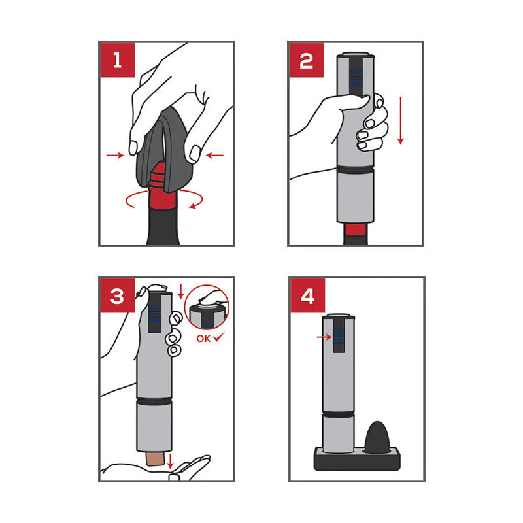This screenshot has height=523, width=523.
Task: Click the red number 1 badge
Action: [x=118, y=60]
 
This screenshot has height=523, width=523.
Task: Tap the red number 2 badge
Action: [x=307, y=60]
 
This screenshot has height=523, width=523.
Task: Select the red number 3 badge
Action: [x=118, y=295]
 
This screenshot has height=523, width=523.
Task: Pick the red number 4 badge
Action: [x=307, y=295]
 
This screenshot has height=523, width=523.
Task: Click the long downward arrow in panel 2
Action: [x=401, y=121]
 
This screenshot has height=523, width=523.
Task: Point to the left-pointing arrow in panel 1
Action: [x=214, y=155]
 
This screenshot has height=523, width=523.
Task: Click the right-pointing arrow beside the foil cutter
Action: [x=115, y=155]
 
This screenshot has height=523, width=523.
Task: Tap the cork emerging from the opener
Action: [x=155, y=459]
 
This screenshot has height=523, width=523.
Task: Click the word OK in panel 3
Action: [x=203, y=339]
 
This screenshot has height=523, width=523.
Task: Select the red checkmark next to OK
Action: [x=219, y=337]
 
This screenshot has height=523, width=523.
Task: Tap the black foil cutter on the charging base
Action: [x=377, y=437]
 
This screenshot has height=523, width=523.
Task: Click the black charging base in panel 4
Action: [x=357, y=459]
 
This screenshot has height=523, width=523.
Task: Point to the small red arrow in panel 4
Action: [x=324, y=337]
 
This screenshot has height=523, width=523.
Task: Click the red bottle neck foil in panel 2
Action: [x=356, y=229]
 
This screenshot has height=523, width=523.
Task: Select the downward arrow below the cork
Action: [x=170, y=461]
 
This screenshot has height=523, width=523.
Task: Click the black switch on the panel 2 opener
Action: [x=356, y=77]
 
